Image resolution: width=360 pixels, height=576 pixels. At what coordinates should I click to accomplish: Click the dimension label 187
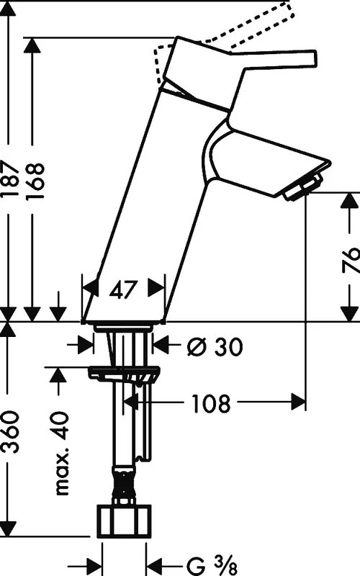pyautogui.click(x=10, y=179)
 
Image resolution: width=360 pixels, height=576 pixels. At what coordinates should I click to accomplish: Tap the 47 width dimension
pyautogui.click(x=123, y=290)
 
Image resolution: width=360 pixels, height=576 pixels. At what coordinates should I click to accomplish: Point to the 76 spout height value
pyautogui.click(x=350, y=260)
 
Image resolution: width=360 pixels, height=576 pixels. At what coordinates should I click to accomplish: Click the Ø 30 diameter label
pyautogui.click(x=215, y=346)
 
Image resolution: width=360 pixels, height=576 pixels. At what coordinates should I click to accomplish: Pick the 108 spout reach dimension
pyautogui.click(x=211, y=403)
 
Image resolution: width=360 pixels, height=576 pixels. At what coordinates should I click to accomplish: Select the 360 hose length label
pyautogui.click(x=9, y=431)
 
